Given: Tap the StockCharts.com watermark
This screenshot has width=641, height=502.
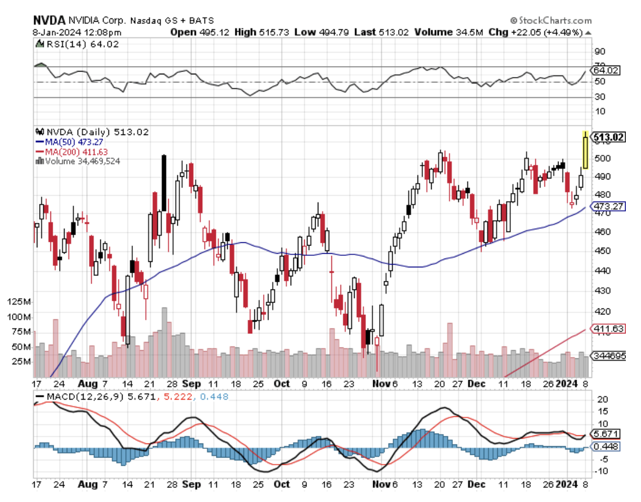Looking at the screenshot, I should pos(550,21).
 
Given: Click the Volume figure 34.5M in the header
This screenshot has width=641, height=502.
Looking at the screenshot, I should pos(457,32).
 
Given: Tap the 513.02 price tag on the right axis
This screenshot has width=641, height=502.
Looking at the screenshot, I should pos(608,137).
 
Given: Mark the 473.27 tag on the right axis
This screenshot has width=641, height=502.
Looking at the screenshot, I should pos(608,207).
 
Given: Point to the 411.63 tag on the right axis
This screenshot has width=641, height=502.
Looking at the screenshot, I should pos(608,329).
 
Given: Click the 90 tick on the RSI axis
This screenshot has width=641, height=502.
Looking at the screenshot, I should pos(600,52).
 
